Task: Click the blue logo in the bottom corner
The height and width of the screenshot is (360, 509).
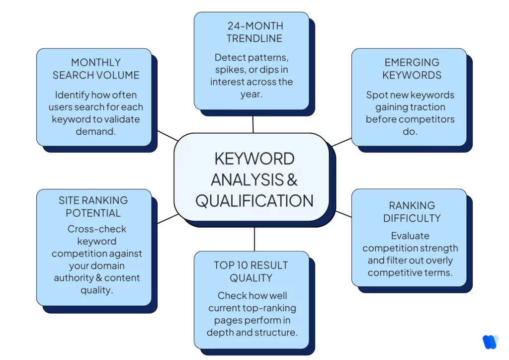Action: coord(490,342)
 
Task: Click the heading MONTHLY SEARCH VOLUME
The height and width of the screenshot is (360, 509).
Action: coord(96,69)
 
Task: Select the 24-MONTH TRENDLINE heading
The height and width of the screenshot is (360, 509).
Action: coord(254,32)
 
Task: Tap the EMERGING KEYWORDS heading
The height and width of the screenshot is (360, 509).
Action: coord(412,69)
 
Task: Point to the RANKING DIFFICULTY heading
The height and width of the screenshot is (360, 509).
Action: coord(412,211)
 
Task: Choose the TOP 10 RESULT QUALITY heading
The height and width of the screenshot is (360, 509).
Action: coord(251,271)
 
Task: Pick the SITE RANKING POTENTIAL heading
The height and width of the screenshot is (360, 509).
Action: coord(93,206)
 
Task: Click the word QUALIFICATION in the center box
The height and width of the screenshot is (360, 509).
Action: coord(254,200)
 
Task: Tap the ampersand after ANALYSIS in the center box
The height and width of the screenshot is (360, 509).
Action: coord(292,179)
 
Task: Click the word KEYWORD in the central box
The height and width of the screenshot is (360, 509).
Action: coord(254,159)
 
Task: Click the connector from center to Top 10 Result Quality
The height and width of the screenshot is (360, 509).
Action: coord(254,239)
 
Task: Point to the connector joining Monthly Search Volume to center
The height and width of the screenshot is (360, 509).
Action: coord(167,136)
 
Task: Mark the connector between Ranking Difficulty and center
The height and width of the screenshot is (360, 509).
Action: coord(343,214)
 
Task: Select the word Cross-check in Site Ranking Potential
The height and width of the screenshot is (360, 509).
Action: coord(97,229)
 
